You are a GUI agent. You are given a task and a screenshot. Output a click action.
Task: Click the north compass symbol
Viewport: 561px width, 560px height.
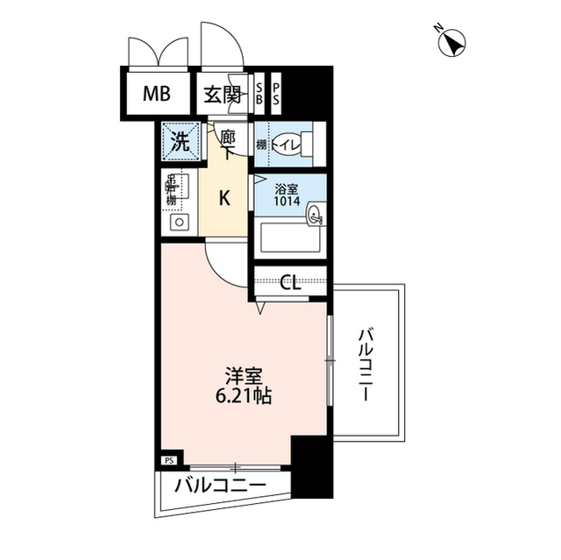[452, 41]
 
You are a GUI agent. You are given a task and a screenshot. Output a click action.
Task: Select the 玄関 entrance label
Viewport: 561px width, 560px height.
[223, 95]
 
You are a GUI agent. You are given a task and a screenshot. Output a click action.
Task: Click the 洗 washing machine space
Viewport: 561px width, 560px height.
[179, 142]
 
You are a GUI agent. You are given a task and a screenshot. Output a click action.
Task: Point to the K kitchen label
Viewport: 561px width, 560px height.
[224, 199]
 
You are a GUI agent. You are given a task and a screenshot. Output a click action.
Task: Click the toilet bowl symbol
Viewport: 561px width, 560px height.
[286, 141]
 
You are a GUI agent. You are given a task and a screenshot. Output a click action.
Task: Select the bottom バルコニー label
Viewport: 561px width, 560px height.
[219, 486]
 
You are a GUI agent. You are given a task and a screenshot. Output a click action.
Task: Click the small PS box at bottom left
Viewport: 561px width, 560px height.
[169, 459]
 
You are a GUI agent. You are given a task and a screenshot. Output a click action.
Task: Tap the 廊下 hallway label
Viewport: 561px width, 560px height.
[227, 145]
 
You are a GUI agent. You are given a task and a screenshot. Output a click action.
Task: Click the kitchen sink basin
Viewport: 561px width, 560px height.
[178, 222]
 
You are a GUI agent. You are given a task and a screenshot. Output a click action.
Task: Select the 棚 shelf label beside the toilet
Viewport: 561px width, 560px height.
[260, 142]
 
